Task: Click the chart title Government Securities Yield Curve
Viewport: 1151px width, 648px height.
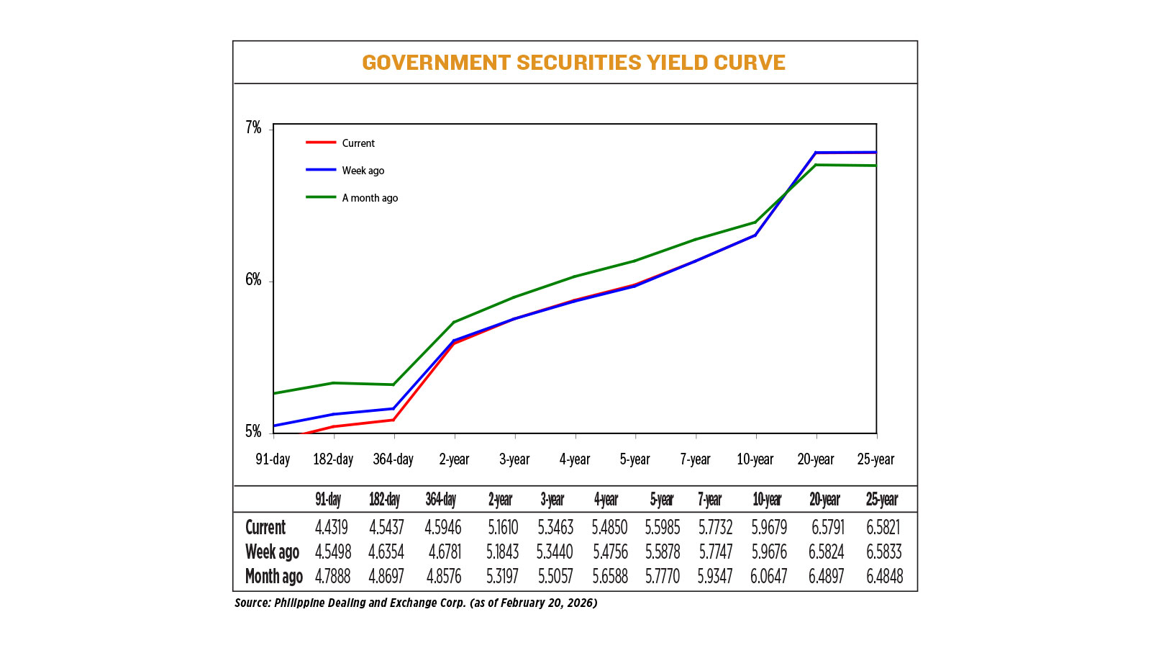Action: pyautogui.click(x=573, y=63)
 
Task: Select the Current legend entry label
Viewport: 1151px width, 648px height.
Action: pyautogui.click(x=358, y=143)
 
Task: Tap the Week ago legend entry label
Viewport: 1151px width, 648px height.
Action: pyautogui.click(x=363, y=171)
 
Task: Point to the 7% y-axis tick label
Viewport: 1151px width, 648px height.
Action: pyautogui.click(x=253, y=128)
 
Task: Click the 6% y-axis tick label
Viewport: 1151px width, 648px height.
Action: pyautogui.click(x=253, y=280)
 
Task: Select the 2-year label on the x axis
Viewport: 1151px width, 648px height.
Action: pyautogui.click(x=454, y=459)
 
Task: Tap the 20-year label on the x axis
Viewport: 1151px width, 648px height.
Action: pyautogui.click(x=815, y=459)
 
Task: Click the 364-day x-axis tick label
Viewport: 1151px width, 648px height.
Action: pyautogui.click(x=393, y=459)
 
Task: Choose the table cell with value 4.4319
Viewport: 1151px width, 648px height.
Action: pyautogui.click(x=331, y=528)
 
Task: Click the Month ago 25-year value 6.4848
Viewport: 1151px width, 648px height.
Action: pyautogui.click(x=884, y=577)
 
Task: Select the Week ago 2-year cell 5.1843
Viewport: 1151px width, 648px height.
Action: pyautogui.click(x=502, y=552)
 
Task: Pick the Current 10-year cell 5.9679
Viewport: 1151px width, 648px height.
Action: pyautogui.click(x=769, y=528)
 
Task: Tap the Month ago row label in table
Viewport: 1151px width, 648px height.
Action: pyautogui.click(x=273, y=577)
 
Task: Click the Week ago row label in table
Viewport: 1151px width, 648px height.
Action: pyautogui.click(x=272, y=552)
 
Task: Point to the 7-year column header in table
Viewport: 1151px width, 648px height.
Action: pyautogui.click(x=709, y=500)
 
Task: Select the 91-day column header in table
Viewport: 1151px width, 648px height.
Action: pyautogui.click(x=328, y=500)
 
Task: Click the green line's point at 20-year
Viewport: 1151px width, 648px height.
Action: pyautogui.click(x=816, y=165)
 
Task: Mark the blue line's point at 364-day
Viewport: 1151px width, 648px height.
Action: pyautogui.click(x=393, y=408)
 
